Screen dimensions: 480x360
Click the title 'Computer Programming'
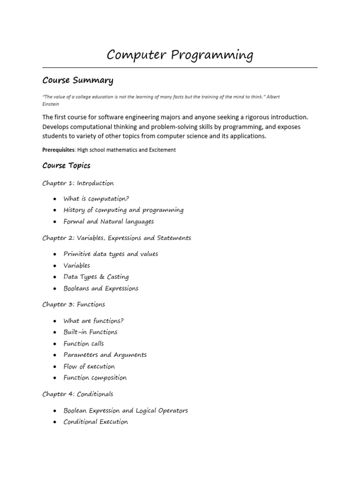[180, 55]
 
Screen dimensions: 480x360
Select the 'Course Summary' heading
[78, 81]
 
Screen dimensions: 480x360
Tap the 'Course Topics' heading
[66, 165]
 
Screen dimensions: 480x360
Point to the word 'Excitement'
[160, 150]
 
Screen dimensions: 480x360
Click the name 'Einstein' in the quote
[51, 104]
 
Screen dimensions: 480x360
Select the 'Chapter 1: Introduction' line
[78, 183]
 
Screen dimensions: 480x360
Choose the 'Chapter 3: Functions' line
[74, 305]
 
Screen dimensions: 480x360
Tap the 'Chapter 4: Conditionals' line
[77, 394]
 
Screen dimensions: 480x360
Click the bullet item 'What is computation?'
[96, 199]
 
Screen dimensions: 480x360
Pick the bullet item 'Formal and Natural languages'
[108, 222]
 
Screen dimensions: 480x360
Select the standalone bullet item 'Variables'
[76, 266]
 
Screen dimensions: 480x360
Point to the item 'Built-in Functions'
[90, 332]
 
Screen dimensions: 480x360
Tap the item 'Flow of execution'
[89, 367]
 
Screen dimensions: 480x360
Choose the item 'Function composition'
[95, 378]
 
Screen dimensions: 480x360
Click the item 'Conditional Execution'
[96, 422]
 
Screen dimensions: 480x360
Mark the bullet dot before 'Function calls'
[55, 344]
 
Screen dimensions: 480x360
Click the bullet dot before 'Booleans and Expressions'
[55, 289]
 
